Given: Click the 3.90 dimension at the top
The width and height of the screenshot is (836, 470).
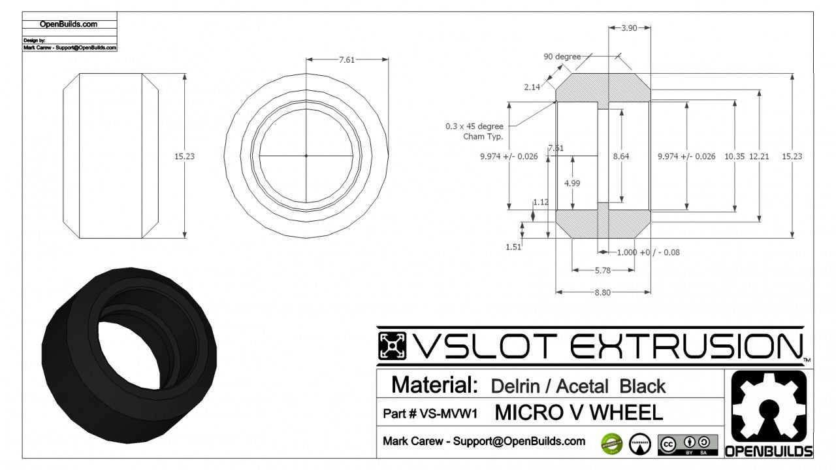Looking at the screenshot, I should point(629,28).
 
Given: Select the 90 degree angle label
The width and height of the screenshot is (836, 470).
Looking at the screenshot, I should point(562,57).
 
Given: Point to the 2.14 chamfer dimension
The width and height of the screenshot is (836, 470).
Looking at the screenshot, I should point(532,87).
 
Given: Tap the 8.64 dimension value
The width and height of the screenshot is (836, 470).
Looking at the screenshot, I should point(621,157).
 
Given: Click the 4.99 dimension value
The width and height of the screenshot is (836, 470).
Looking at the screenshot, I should point(571,183).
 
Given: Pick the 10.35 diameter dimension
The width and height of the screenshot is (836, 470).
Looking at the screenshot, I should point(735,157).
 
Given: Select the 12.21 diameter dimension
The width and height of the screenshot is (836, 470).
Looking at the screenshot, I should point(759,157).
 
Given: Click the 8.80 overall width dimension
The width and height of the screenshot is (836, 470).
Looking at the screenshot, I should point(602,292).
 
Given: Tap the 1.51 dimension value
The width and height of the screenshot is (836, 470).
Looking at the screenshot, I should point(513,246).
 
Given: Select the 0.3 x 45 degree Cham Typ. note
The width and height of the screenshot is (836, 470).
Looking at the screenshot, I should point(474,131).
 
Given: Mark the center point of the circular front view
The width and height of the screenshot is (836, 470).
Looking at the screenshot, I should point(306,156).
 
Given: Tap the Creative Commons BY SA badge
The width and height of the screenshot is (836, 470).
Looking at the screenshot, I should point(687,445).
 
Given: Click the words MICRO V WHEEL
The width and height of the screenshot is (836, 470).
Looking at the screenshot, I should point(579,412).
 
